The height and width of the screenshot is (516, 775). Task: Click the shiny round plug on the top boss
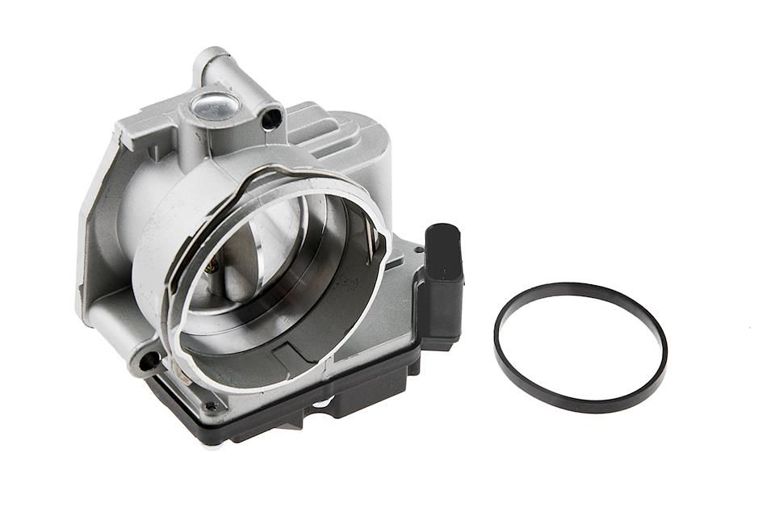[212, 106]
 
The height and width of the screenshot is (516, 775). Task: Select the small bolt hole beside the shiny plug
[272, 120]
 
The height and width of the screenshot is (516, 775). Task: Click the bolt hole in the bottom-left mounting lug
[149, 361]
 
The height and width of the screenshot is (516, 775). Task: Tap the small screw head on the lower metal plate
[212, 406]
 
